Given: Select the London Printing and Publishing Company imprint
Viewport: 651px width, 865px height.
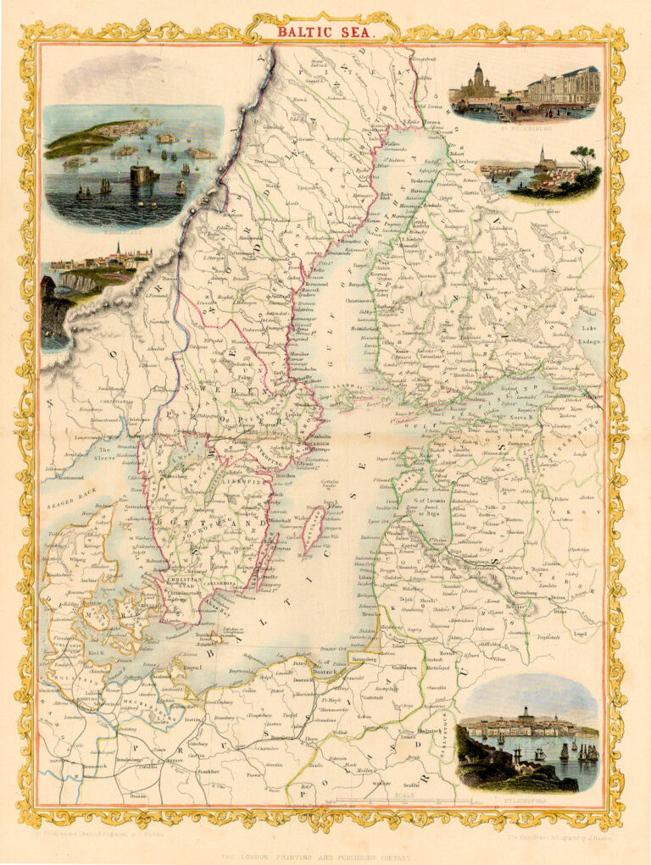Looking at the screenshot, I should [x=323, y=857].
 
